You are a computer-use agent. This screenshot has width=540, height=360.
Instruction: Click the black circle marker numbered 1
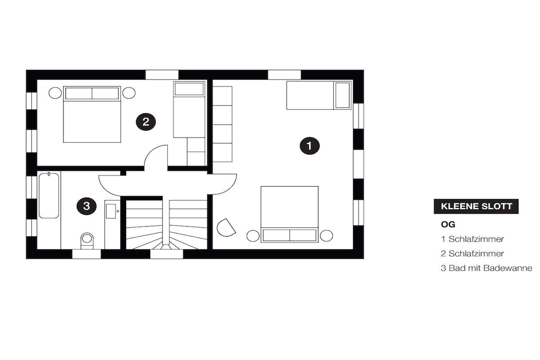[x=309, y=146]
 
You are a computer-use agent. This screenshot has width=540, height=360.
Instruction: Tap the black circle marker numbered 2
[x=146, y=121]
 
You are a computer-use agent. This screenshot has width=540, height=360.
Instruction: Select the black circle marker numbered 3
[x=86, y=206]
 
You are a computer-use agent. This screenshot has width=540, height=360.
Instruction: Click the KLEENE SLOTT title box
[x=476, y=207]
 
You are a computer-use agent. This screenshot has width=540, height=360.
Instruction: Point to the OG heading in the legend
[x=448, y=225]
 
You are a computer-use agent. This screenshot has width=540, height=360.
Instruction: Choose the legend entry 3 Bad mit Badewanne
[x=486, y=268]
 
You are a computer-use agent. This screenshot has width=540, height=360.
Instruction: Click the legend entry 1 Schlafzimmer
[x=472, y=239]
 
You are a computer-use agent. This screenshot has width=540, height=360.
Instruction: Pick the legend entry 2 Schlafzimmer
[x=472, y=254]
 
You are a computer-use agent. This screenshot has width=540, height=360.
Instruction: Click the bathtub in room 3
[x=49, y=195]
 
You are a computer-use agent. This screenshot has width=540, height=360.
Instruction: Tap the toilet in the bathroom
[x=87, y=240]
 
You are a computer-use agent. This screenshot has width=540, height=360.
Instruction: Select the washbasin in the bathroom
[x=112, y=211]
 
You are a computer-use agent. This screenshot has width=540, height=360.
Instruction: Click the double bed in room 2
[x=92, y=114]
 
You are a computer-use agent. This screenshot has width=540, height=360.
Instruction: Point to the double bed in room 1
[x=290, y=214]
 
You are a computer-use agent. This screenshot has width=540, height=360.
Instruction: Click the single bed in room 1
[x=319, y=95]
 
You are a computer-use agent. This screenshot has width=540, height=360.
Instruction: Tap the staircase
[x=166, y=223]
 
